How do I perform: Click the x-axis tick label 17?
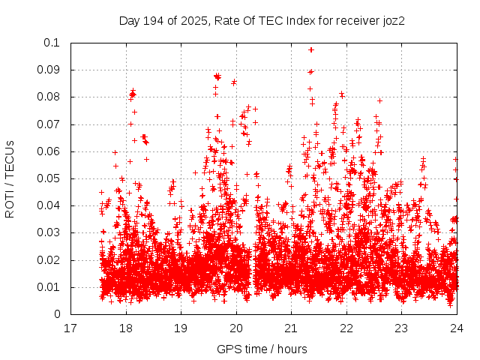pyautogui.click(x=70, y=328)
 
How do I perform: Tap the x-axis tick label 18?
pyautogui.click(x=126, y=328)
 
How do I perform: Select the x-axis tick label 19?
pyautogui.click(x=181, y=328)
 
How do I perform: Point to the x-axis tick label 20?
pyautogui.click(x=236, y=328)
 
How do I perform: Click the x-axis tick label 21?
pyautogui.click(x=291, y=328)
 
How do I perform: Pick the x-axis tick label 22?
pyautogui.click(x=346, y=328)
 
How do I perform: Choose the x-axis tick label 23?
pyautogui.click(x=401, y=328)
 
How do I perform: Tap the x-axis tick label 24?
pyautogui.click(x=457, y=328)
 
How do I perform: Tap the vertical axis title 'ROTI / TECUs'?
pyautogui.click(x=10, y=178)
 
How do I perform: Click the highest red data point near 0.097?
pyautogui.click(x=311, y=49)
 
